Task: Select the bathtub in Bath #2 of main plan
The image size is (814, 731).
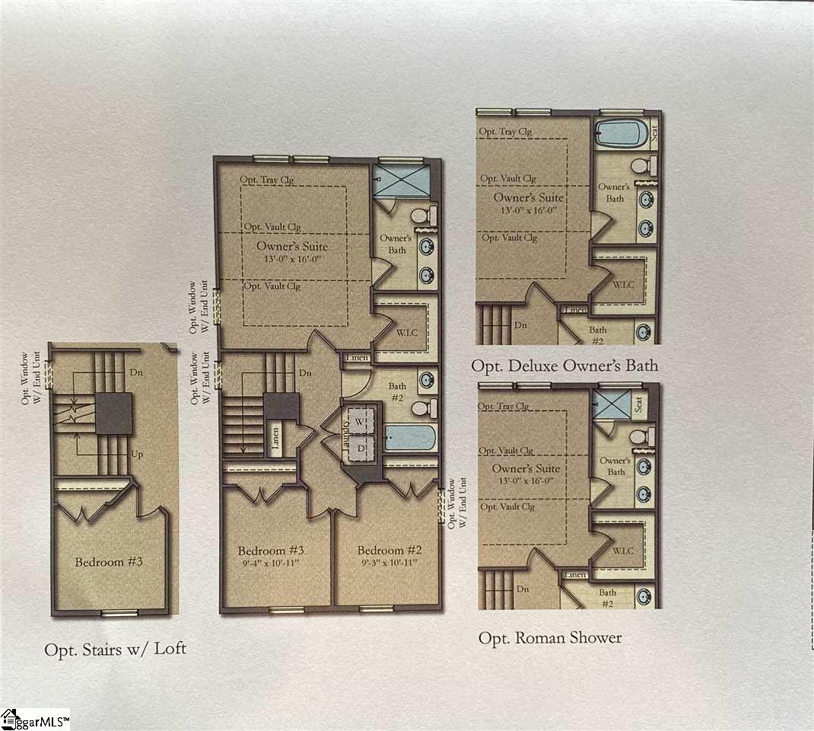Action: pyautogui.click(x=409, y=438)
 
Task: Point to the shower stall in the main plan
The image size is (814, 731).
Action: pyautogui.click(x=399, y=183)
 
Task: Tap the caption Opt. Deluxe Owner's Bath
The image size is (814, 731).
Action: pyautogui.click(x=564, y=366)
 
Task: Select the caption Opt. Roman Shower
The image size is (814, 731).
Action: pyautogui.click(x=549, y=638)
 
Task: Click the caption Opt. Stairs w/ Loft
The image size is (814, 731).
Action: pyautogui.click(x=115, y=650)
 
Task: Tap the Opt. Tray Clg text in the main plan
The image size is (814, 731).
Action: pyautogui.click(x=268, y=180)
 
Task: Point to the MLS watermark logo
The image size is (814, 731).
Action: pyautogui.click(x=35, y=719)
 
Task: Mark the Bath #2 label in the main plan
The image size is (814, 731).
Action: pyautogui.click(x=397, y=392)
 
